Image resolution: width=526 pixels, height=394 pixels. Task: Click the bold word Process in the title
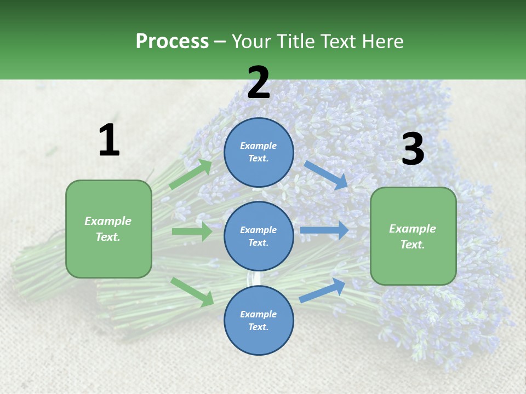tap(172, 41)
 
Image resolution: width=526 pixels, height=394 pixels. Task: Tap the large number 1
tap(109, 140)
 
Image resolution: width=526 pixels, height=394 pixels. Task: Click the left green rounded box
tap(108, 229)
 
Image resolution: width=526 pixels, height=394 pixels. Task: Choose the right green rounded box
tap(413, 236)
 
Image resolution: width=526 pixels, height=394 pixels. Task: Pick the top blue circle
tap(259, 152)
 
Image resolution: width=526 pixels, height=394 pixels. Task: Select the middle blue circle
tap(259, 236)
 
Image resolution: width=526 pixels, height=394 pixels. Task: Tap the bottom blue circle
tap(259, 320)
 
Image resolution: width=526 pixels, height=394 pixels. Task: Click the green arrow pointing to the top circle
tap(191, 174)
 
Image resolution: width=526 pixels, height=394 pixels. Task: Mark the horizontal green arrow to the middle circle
tap(192, 231)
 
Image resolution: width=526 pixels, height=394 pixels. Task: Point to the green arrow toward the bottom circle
tap(192, 291)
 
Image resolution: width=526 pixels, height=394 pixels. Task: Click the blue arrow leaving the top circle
tap(326, 175)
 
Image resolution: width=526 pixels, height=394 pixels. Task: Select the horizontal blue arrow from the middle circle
tap(324, 230)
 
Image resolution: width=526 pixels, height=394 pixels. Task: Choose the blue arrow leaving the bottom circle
tap(322, 291)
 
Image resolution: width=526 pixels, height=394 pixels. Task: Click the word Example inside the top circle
tap(259, 146)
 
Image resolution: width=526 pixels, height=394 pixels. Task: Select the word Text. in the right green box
tap(413, 245)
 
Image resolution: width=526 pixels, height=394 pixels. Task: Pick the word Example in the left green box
tap(108, 221)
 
